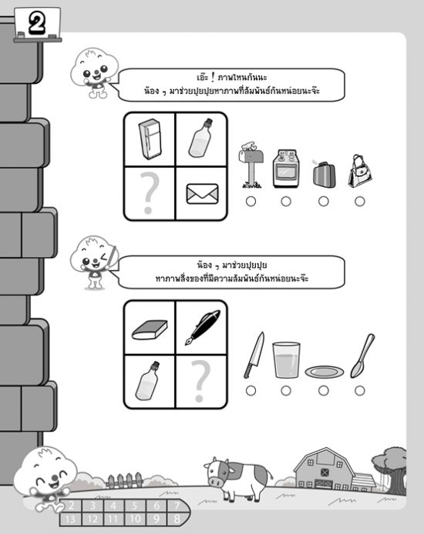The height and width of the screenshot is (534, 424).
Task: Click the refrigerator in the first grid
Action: (150, 139)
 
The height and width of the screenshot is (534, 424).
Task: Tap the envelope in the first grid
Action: (202, 194)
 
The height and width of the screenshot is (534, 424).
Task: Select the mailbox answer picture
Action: (251, 165)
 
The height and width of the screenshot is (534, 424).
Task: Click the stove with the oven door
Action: (286, 169)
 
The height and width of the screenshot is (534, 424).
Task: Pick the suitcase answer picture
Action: (324, 174)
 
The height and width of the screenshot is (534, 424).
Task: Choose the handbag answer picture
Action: (360, 171)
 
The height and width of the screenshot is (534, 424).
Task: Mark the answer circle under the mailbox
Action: (251, 202)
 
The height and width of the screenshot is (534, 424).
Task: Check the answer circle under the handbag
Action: (360, 202)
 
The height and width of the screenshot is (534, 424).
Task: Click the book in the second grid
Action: (150, 329)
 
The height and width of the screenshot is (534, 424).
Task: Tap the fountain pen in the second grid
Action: (203, 327)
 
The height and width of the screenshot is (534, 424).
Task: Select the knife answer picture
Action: (254, 355)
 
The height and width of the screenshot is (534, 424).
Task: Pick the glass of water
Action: (286, 359)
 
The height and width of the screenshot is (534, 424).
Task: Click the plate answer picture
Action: (324, 372)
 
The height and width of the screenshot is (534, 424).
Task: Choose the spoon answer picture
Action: (362, 355)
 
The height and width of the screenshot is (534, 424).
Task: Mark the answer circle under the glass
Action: (286, 390)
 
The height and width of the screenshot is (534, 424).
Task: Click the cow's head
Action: (218, 472)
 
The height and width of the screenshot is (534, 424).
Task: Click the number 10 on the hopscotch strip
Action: (135, 519)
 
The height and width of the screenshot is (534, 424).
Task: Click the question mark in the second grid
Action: (200, 381)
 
